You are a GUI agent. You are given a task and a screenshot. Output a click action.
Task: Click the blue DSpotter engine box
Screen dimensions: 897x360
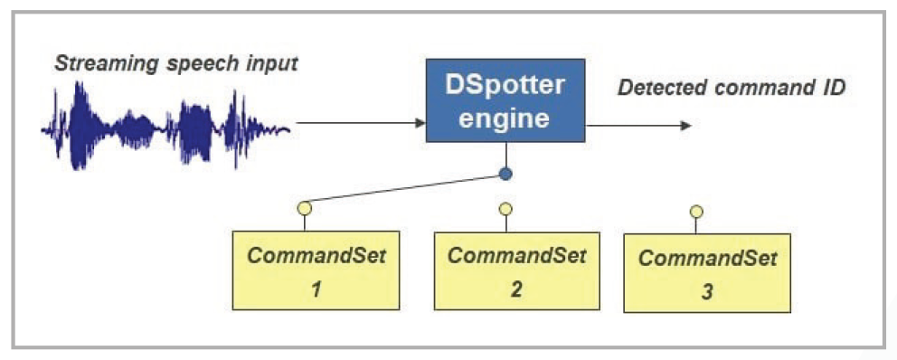[x=505, y=100]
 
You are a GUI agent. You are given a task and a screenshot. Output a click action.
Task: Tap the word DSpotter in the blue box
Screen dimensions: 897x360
[x=505, y=86]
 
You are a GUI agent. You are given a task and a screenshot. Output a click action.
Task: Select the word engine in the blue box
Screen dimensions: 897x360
[x=505, y=119]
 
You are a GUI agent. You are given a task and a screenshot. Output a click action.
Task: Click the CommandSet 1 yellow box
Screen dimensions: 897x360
[x=316, y=270]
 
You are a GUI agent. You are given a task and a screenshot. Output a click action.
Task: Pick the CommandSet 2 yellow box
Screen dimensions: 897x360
[x=517, y=270]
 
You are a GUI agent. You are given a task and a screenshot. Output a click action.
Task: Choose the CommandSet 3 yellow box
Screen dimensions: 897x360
[x=707, y=272]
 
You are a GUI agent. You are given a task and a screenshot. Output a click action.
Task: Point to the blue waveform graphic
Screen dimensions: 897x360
[x=165, y=126]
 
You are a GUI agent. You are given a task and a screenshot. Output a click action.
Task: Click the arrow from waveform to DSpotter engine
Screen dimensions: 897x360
[x=362, y=122]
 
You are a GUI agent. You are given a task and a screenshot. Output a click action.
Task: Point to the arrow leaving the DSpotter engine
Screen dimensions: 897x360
[x=638, y=126]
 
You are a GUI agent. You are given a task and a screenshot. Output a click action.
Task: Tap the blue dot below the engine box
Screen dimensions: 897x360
[x=505, y=174]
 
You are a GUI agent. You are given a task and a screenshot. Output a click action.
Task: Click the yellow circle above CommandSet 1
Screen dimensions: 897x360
[x=305, y=208]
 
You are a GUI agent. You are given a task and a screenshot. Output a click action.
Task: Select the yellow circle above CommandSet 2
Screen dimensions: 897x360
[x=505, y=209]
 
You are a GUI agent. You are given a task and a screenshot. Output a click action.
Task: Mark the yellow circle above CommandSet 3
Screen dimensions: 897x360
[x=696, y=212]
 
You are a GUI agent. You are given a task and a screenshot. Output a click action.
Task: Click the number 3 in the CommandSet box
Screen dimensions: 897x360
[x=707, y=292]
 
